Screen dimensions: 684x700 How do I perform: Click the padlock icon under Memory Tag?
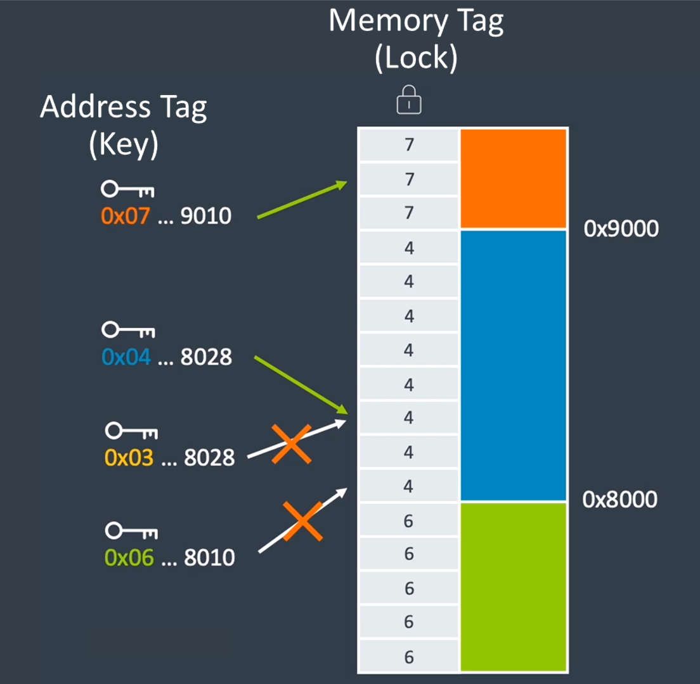coord(409,101)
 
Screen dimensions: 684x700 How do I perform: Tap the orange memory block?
coord(513,178)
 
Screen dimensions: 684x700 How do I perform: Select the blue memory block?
coord(513,365)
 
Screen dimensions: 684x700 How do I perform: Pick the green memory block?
coord(513,586)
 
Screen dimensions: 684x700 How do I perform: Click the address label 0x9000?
coord(621,229)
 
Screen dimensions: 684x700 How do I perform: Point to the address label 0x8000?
coord(620,500)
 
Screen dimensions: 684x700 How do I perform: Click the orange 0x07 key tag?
coord(126,217)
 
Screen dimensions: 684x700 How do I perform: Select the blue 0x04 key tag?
coord(126,357)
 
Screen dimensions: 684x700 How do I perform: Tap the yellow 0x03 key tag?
coord(129,457)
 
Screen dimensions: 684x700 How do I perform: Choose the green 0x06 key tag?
coord(129,557)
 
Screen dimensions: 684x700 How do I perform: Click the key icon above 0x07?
coord(127,189)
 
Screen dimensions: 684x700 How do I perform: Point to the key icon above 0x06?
coord(131,530)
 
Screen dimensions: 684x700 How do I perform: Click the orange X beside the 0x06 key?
coord(302,521)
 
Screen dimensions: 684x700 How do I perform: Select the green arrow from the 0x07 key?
coord(302,200)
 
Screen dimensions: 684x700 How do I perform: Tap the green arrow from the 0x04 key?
coord(301,385)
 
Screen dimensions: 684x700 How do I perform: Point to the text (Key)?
coord(123,145)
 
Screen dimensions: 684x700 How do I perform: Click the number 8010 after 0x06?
coord(209,557)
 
